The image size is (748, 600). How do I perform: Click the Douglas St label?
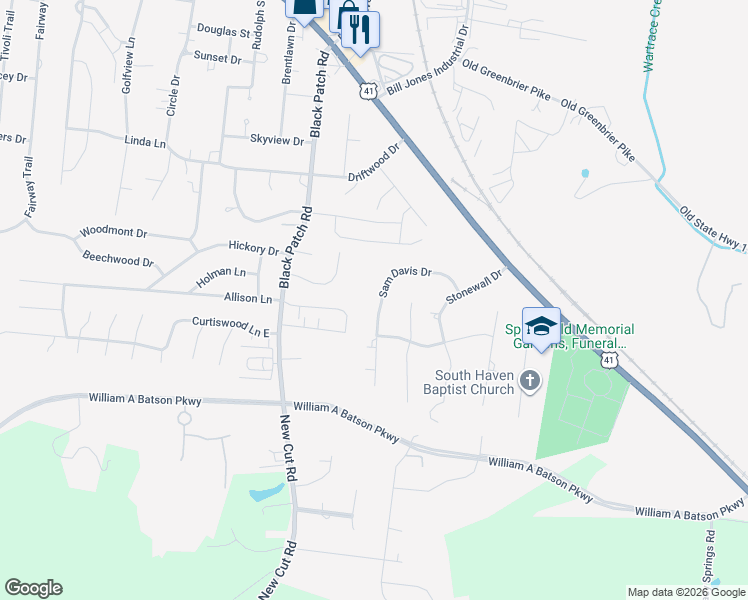tap(223, 32)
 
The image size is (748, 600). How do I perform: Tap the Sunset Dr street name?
tap(218, 59)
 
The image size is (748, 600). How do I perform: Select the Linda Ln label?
tap(145, 143)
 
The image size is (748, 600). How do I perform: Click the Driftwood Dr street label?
tap(373, 162)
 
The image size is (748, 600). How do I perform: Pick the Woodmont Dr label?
tap(113, 232)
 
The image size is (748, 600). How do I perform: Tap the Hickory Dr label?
tap(253, 249)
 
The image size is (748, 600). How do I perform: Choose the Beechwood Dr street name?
tap(118, 261)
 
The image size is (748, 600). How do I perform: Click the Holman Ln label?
tap(220, 272)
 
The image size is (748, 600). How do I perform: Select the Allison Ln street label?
tap(248, 298)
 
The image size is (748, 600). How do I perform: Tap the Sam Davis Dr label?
tap(404, 280)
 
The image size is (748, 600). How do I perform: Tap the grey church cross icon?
tap(529, 380)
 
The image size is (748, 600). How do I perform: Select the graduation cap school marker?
tap(541, 327)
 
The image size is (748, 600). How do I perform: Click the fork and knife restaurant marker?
tap(360, 29)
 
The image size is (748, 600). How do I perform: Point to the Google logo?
tap(33, 588)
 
